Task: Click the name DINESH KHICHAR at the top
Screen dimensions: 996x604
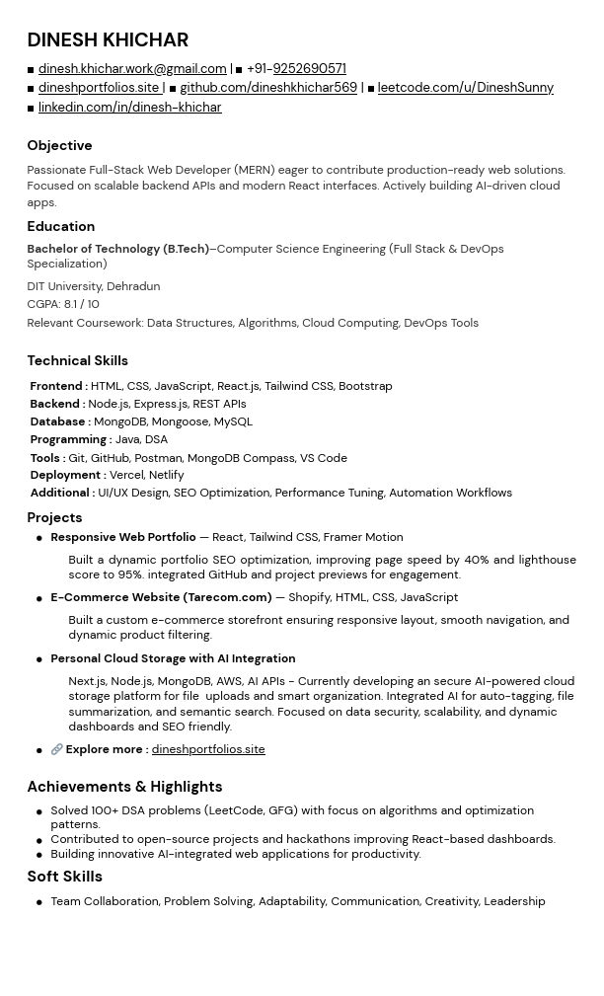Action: [108, 40]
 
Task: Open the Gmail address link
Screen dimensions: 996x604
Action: [132, 69]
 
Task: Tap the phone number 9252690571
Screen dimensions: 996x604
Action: [309, 69]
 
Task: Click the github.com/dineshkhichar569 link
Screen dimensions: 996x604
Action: [268, 88]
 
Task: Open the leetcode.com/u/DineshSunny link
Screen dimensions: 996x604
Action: [465, 88]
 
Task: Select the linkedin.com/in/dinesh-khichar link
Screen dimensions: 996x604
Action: [129, 108]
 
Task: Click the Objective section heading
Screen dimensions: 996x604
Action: [59, 146]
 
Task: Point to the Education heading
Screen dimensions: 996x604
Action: [60, 227]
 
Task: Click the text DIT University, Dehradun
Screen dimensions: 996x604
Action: [93, 286]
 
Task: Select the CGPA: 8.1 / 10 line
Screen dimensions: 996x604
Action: [63, 304]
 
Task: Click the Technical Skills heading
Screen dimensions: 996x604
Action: [77, 361]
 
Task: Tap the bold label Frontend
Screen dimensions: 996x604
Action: [56, 387]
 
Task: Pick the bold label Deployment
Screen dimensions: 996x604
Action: [65, 475]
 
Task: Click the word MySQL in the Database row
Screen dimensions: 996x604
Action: [233, 421]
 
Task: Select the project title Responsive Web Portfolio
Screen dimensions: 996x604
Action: [123, 537]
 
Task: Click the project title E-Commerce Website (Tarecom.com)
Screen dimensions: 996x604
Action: [161, 597]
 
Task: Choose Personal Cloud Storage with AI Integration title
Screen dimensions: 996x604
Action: [173, 658]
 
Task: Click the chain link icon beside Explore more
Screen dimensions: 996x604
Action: [56, 750]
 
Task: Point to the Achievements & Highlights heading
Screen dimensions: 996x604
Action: [124, 787]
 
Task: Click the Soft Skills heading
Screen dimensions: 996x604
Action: [64, 877]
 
